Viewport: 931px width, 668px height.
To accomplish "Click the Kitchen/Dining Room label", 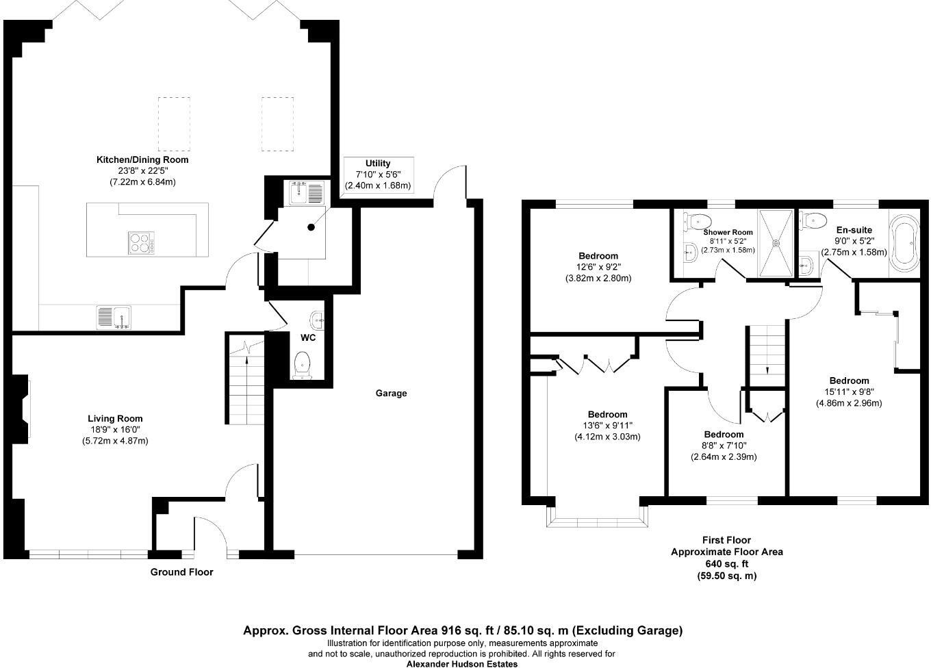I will pos(142,159).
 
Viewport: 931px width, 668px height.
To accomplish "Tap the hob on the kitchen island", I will pos(141,243).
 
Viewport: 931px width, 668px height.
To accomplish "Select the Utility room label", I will pos(378,164).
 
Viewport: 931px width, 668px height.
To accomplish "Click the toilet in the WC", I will pos(302,365).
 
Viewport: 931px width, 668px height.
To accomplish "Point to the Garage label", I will pos(391,393).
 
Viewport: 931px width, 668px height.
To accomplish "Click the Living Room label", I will pos(115,419).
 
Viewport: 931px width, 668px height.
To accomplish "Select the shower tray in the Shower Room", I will pos(776,243).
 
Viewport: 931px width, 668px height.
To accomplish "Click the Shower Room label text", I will pos(728,233).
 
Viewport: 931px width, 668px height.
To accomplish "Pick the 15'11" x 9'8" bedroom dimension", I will pos(849,392).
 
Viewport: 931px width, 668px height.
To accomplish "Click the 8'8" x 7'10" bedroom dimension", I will pos(724,446).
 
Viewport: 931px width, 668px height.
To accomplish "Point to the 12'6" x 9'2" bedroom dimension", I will pos(598,267).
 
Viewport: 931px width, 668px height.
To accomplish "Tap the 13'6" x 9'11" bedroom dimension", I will pos(607,426).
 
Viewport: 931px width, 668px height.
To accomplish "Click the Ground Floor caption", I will pos(181,572).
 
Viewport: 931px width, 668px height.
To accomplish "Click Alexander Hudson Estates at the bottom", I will pos(462,663).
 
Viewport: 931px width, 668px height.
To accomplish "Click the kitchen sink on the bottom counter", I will pos(114,317).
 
